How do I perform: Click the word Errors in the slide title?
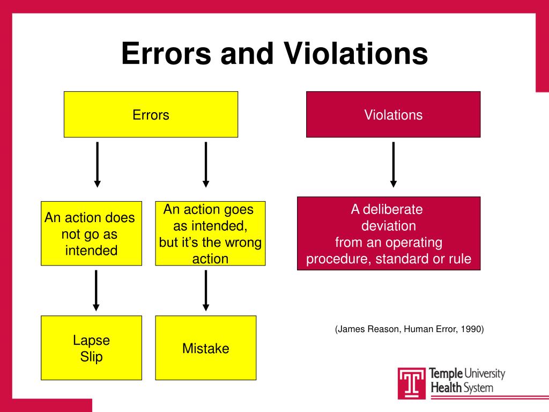[160, 54]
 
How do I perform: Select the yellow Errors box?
[151, 114]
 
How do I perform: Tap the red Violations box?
[393, 114]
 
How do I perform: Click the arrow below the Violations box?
[393, 164]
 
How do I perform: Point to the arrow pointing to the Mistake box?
[206, 290]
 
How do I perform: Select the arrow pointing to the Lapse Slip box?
[96, 290]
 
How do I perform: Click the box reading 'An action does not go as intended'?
[91, 233]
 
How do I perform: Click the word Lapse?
[91, 340]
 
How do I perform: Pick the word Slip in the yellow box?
[91, 357]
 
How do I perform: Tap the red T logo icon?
[411, 383]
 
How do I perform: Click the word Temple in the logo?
[444, 374]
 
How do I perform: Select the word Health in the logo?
[444, 387]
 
